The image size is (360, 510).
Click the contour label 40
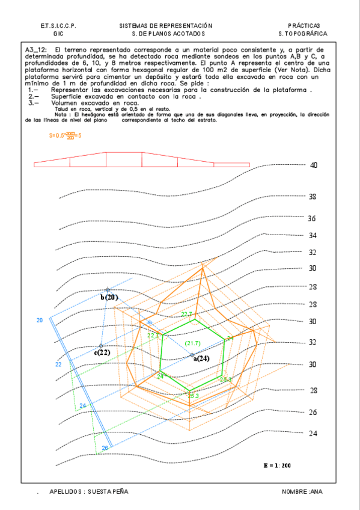click(x=313, y=165)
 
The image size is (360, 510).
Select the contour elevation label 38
click(x=313, y=197)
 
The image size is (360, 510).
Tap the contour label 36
click(x=312, y=218)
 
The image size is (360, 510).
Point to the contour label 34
click(x=313, y=235)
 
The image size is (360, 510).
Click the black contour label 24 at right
click(x=313, y=433)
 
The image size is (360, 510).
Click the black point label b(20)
click(x=110, y=297)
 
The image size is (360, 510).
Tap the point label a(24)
click(x=201, y=358)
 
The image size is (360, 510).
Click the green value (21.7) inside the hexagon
click(x=193, y=343)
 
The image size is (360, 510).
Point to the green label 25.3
click(x=193, y=396)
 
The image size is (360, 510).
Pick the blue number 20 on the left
click(x=40, y=321)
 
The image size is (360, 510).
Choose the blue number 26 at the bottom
click(x=105, y=448)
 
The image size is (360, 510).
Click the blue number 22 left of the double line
click(x=58, y=364)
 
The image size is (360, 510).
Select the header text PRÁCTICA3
click(x=304, y=26)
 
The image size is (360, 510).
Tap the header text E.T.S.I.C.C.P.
click(x=58, y=26)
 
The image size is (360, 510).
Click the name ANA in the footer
click(x=316, y=491)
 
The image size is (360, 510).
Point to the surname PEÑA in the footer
click(x=118, y=491)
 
